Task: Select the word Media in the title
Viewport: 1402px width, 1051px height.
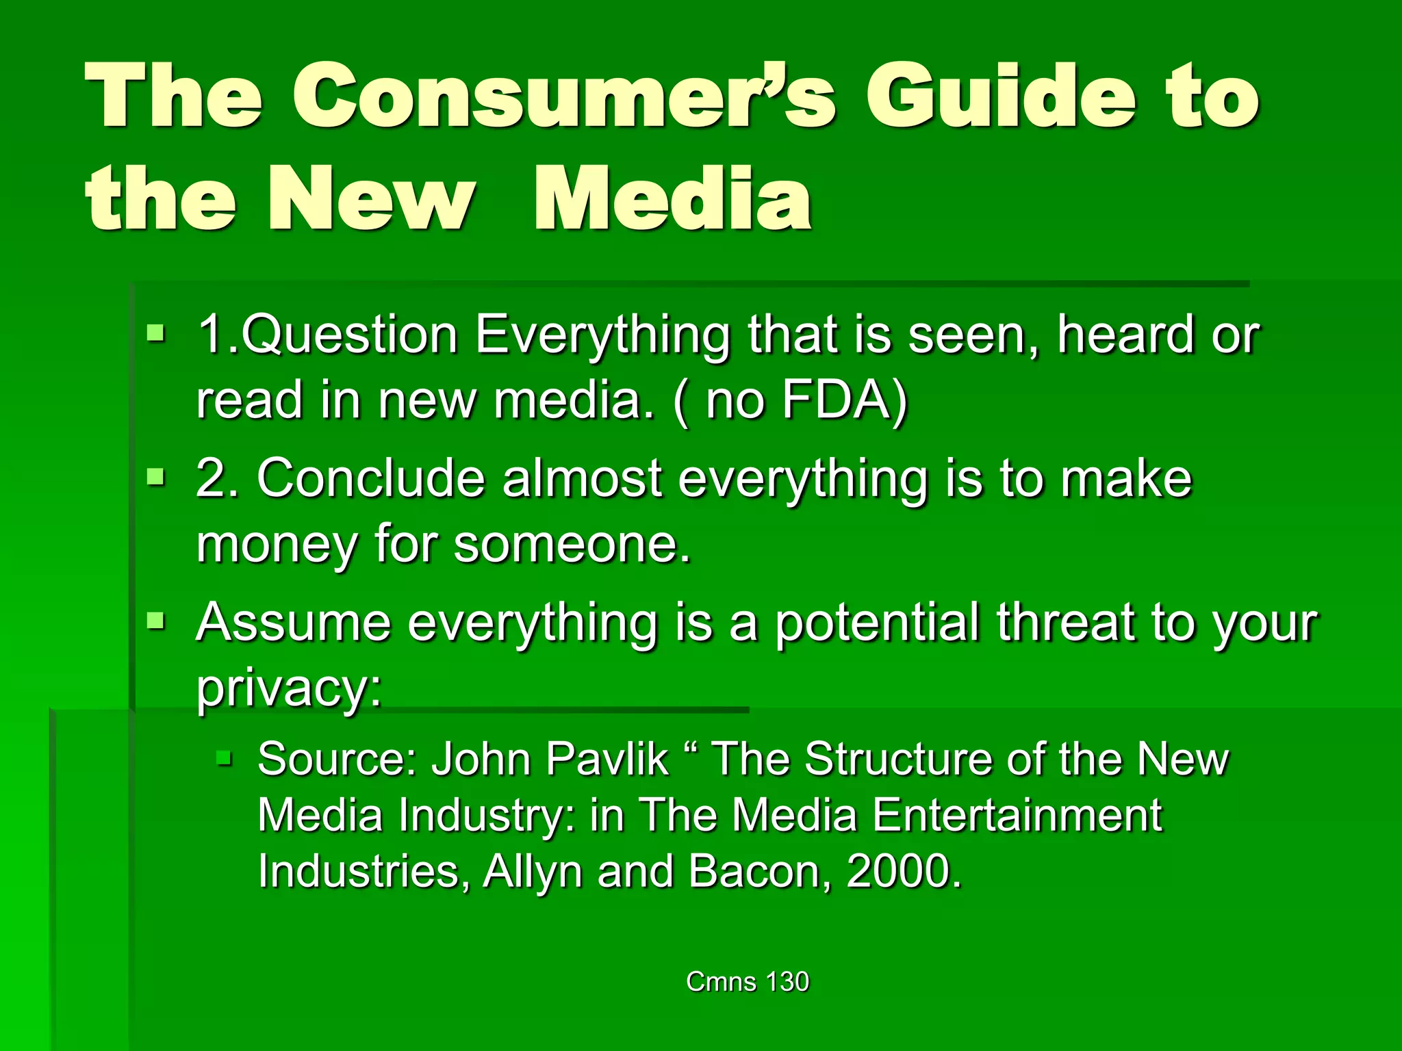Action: coord(672,200)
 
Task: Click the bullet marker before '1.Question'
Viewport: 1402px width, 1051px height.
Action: coord(156,335)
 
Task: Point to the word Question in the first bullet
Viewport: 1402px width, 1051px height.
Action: coord(349,335)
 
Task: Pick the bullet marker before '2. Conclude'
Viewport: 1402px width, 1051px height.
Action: coord(156,477)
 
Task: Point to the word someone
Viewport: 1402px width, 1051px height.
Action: coord(572,545)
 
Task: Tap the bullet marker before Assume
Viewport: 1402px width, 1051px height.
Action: coord(156,622)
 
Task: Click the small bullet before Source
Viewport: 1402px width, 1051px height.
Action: coord(225,757)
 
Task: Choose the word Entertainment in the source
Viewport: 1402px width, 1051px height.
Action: coord(1017,815)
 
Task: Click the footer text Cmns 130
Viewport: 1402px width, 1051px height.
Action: coord(748,982)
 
